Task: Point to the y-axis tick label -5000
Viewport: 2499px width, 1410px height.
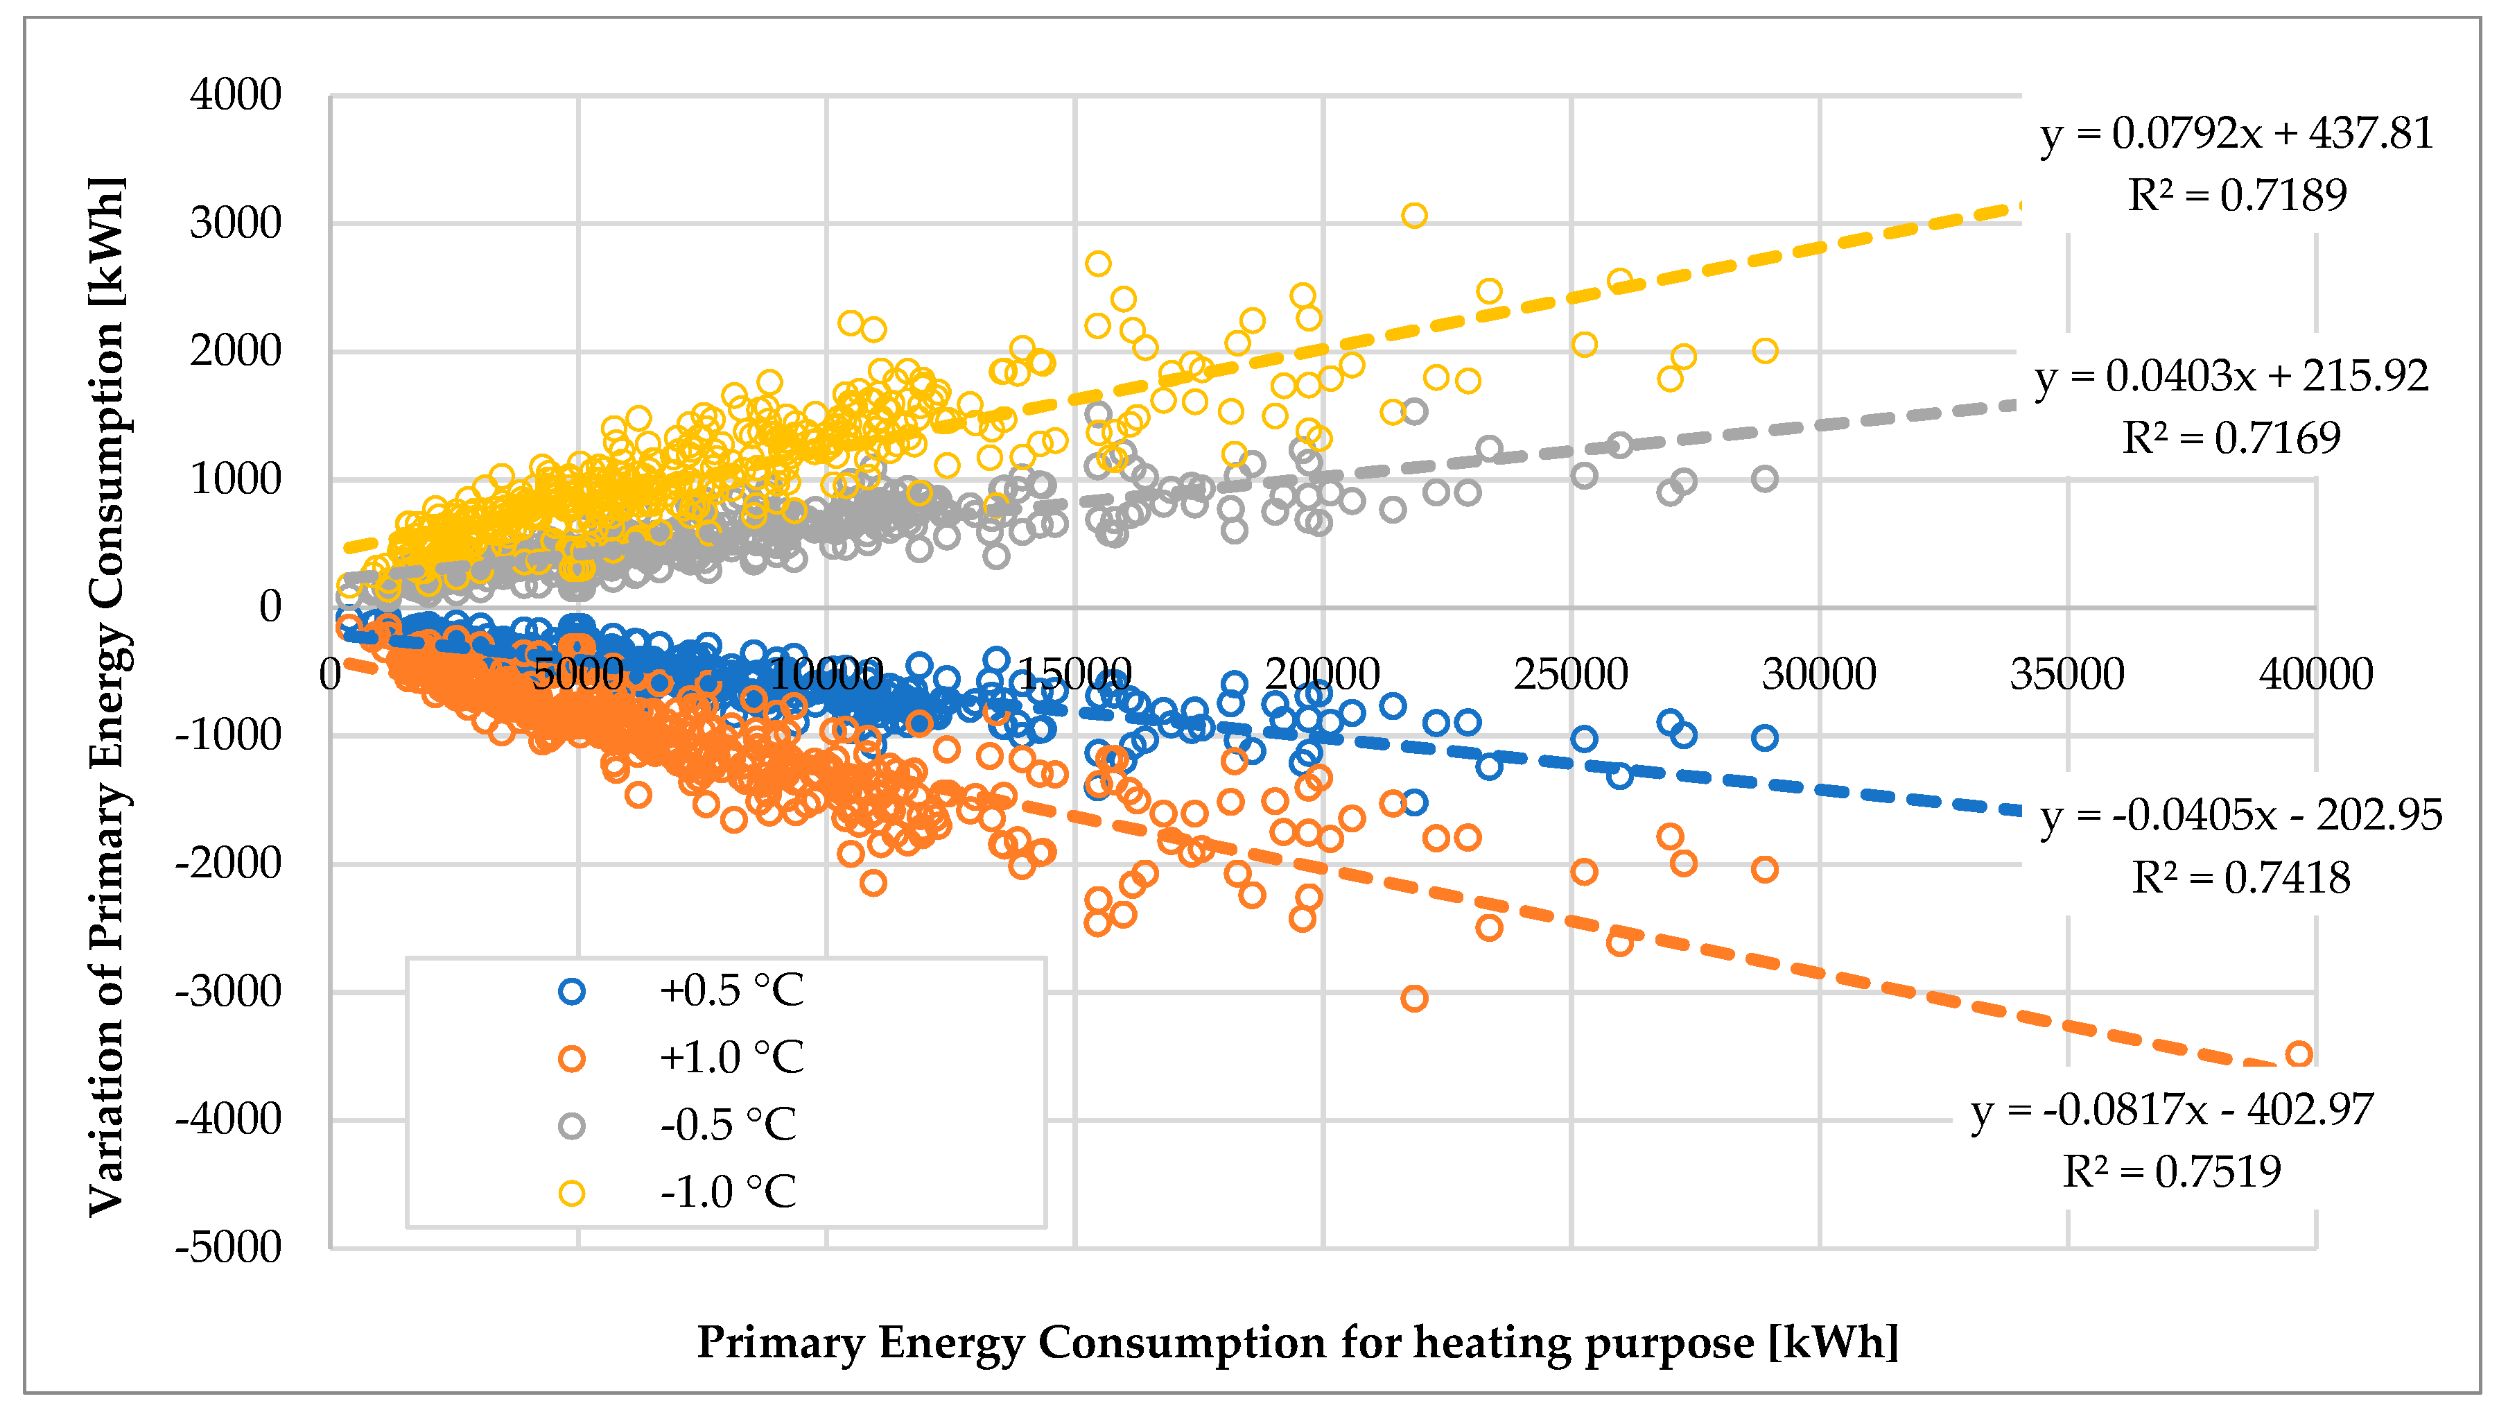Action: tap(228, 1247)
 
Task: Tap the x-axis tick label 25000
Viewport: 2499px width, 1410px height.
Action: tap(1571, 673)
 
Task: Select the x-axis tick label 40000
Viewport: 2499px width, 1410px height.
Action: tap(2316, 673)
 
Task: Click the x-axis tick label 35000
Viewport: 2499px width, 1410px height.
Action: tap(2067, 673)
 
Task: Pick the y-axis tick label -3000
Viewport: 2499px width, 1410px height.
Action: tap(228, 992)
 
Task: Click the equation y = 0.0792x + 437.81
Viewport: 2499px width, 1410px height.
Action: tap(2236, 133)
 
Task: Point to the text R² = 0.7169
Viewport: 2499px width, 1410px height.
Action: tap(2231, 438)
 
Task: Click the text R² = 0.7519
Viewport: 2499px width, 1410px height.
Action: tap(2171, 1171)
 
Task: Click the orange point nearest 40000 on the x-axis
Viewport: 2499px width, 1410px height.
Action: tap(2298, 1054)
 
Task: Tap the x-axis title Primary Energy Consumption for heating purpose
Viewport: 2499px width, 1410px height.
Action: tap(1297, 1342)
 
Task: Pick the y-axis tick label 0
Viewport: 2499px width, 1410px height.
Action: tap(270, 606)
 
